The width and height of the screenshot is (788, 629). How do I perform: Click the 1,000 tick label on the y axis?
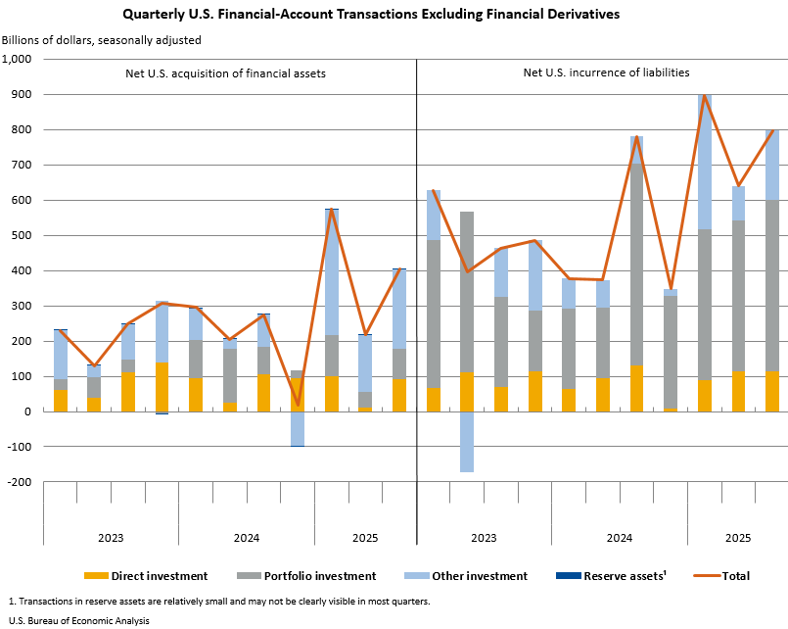tap(18, 59)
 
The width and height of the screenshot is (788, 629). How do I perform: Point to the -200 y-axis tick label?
tap(22, 482)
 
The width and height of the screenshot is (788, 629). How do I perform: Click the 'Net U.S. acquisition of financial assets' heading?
tap(225, 73)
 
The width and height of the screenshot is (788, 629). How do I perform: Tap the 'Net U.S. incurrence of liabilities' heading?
tap(606, 73)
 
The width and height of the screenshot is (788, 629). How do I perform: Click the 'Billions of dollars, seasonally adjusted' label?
tap(102, 40)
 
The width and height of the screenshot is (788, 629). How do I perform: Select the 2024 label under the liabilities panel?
tap(619, 537)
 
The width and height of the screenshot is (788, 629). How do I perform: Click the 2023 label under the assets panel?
tap(111, 537)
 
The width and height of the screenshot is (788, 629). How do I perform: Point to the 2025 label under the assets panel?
tap(365, 537)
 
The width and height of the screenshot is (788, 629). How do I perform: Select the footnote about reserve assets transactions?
tap(217, 601)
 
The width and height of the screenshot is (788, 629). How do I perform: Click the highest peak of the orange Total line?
tap(704, 95)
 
